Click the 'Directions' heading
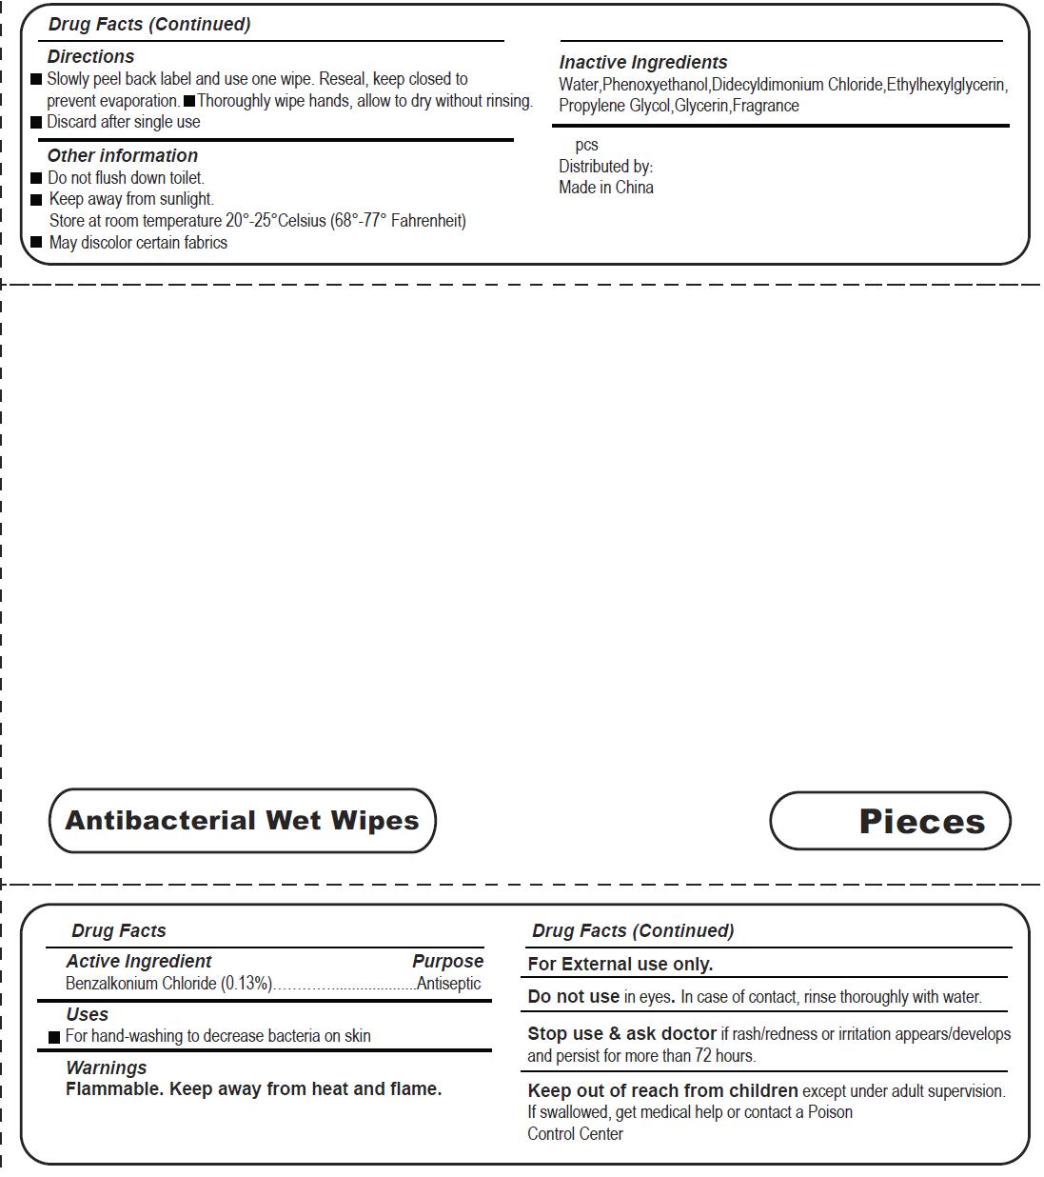[90, 57]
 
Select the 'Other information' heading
[123, 156]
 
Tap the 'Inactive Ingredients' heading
[643, 63]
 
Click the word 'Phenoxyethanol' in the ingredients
[655, 85]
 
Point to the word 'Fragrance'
[766, 106]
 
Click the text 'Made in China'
[606, 188]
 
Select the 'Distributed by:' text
[605, 167]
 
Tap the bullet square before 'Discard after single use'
[37, 122]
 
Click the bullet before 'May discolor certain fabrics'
[37, 242]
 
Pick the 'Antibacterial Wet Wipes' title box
[242, 821]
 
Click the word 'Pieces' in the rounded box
[921, 821]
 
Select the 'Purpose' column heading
[447, 962]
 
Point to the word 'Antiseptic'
[449, 984]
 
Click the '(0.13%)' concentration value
[246, 984]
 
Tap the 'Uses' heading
[87, 1015]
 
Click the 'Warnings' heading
[106, 1068]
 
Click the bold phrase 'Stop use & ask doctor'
[621, 1034]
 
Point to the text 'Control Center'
[575, 1134]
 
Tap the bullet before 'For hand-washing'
[54, 1037]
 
